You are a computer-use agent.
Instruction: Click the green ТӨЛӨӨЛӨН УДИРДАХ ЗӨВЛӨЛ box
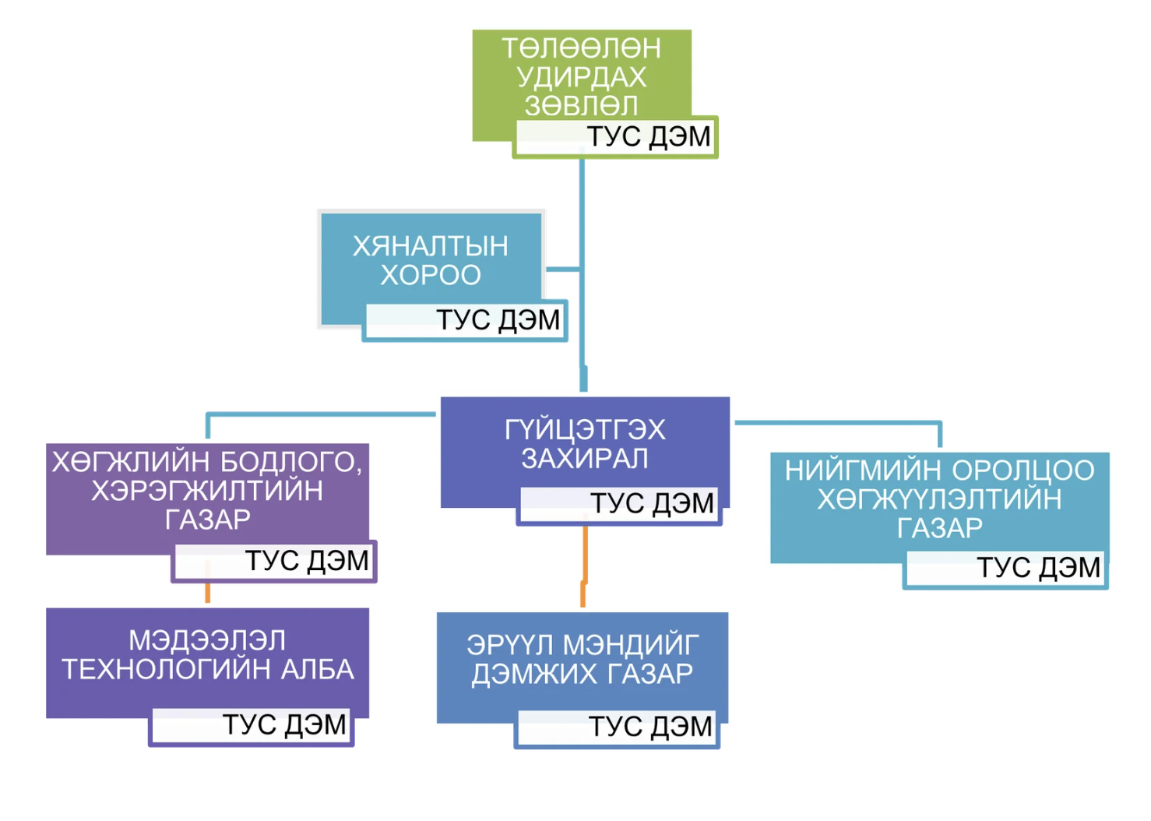581,76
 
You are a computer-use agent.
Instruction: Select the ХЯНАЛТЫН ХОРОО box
430,260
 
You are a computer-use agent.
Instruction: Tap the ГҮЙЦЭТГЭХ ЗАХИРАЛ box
584,444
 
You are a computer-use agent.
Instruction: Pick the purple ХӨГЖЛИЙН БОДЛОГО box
206,491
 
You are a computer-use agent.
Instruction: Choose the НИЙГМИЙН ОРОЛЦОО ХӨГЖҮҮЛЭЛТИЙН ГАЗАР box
939,499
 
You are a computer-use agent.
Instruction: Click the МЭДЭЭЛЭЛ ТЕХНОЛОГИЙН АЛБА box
206,655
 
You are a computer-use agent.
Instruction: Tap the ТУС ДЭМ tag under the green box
615,137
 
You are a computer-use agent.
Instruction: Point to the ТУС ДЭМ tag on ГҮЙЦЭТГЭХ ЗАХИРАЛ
619,504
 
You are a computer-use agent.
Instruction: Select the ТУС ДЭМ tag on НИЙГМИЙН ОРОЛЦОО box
1005,568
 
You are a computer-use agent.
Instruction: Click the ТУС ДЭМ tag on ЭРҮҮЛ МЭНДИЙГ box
617,727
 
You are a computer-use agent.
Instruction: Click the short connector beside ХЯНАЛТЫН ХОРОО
562,270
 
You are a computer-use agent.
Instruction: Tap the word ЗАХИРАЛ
584,459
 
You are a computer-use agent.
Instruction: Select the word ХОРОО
430,275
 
